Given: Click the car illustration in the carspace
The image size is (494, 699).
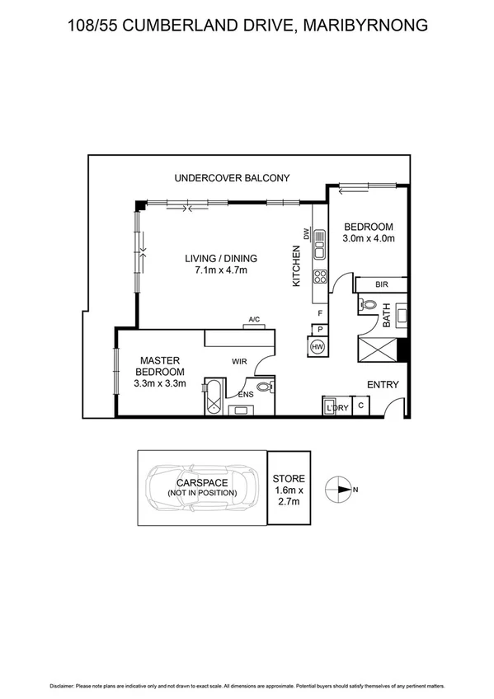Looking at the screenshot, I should point(201,487).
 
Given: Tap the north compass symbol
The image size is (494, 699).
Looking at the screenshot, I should point(340,490).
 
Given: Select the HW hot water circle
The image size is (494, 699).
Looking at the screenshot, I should point(318,347).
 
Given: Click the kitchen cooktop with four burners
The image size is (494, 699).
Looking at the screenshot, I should point(318,276).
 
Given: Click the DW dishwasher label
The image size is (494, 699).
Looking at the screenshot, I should point(306,234).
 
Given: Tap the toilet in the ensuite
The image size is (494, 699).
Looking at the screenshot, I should point(265,387).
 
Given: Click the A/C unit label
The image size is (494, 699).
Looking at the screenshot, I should point(255,319).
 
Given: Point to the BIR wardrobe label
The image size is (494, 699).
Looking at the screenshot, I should point(381,284).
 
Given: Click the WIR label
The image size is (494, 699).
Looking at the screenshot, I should point(240,360).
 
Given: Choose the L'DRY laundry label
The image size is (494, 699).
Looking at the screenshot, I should point(336,408).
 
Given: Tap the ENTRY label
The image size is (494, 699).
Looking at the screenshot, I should point(383,384).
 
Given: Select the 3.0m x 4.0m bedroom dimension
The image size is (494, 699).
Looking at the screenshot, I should point(369,239).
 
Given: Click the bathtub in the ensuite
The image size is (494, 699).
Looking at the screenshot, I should point(213,397).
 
